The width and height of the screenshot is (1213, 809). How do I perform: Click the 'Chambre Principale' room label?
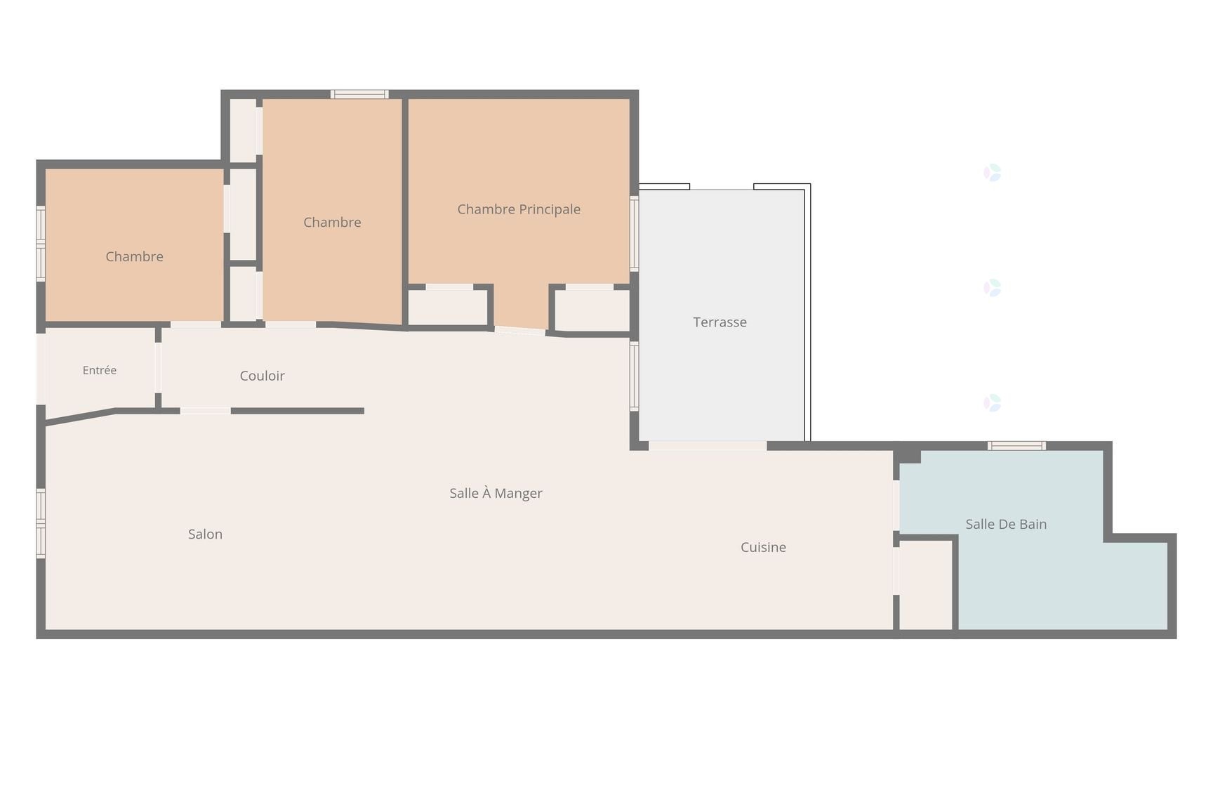[519, 209]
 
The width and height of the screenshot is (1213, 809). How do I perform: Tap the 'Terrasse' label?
[720, 322]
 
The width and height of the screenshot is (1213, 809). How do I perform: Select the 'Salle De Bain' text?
[1006, 524]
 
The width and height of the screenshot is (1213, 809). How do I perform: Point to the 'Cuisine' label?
[763, 547]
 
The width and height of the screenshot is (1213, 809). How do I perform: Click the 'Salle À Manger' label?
[496, 493]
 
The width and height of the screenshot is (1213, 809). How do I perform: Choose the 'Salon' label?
[205, 534]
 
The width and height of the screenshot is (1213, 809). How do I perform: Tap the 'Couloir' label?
[262, 376]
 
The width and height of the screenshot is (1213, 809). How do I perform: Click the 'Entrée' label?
[100, 370]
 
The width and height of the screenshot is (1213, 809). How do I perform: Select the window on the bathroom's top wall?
[1016, 446]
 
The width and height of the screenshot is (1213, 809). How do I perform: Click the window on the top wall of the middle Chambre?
[359, 94]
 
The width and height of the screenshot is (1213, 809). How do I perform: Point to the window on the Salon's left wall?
[41, 523]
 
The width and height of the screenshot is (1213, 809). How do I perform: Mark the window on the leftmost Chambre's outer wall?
[41, 244]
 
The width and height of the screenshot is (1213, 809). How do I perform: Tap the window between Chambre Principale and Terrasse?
[634, 233]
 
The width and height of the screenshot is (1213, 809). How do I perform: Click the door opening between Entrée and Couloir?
[158, 368]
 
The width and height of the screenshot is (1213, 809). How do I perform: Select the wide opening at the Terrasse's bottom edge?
[708, 446]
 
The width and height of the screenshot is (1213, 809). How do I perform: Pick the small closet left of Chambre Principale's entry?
[448, 308]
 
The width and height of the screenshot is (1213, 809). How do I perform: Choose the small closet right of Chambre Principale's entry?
[592, 310]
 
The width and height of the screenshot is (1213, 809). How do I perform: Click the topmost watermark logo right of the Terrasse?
[992, 173]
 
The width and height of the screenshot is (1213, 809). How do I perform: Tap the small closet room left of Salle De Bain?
[926, 585]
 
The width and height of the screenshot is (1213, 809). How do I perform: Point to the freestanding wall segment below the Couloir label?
[298, 411]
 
